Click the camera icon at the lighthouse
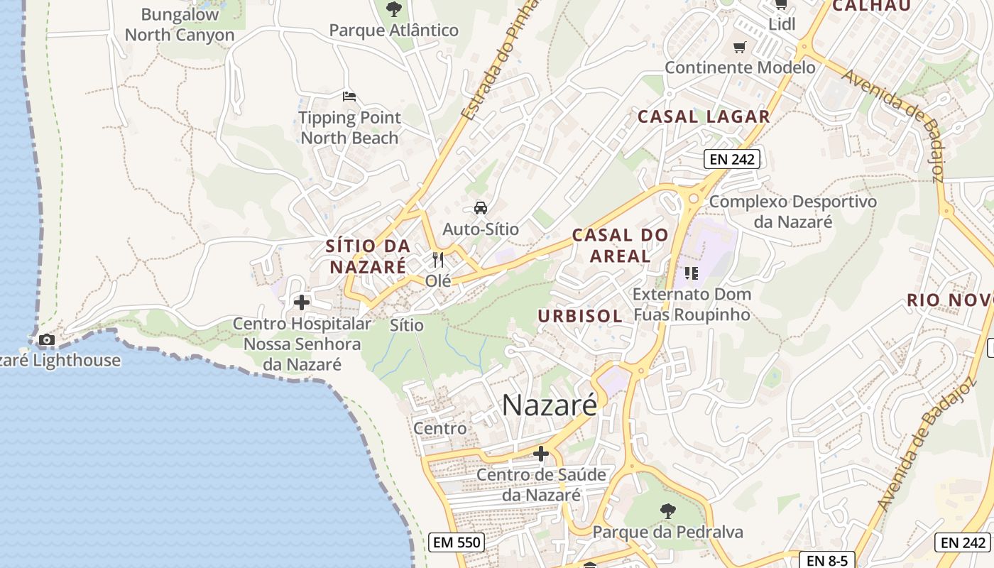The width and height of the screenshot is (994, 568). point(47,340)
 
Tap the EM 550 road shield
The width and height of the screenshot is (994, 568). point(457,543)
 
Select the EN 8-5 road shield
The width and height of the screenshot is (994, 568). point(826,559)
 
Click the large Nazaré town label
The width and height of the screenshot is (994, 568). point(550,405)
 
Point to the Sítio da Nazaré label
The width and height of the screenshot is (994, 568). point(368,256)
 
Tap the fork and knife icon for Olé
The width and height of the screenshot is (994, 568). point(438,260)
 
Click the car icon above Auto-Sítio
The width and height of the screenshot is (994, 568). point(481,208)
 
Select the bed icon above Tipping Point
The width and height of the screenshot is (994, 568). point(349,97)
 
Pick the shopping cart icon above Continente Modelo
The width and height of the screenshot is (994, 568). point(740,48)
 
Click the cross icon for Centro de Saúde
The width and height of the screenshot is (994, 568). point(541,454)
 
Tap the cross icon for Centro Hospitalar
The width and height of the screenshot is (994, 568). point(302,302)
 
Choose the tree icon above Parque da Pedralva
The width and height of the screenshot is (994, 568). point(667,510)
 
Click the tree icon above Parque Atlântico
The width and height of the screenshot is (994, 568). point(393,9)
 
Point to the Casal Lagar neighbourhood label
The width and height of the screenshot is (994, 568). point(704,117)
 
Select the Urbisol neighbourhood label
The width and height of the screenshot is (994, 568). point(580,316)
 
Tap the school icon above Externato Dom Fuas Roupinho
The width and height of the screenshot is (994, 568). point(692,273)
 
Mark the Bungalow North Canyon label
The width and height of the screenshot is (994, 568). point(180,25)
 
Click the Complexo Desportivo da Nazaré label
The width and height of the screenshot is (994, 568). point(793,212)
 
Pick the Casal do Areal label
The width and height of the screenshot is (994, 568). point(621,245)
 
